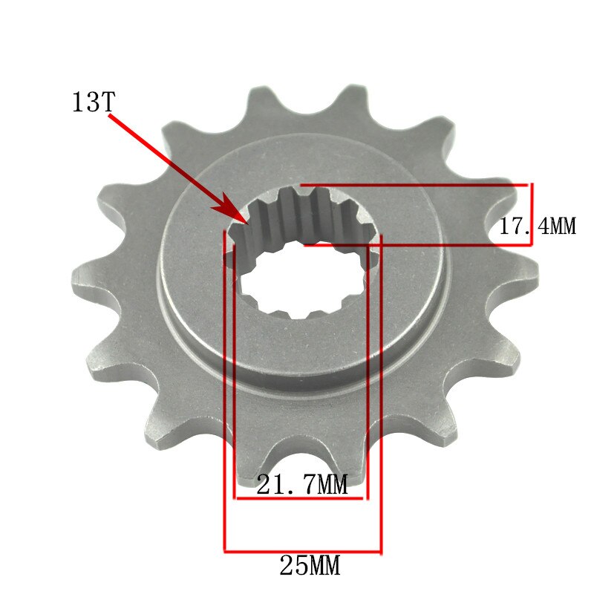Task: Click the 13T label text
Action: tap(92, 102)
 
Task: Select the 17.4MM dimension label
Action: tap(536, 226)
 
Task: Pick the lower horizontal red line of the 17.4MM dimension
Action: tap(416, 244)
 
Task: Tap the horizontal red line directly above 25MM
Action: tap(302, 552)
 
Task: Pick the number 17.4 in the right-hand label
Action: tap(516, 226)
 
